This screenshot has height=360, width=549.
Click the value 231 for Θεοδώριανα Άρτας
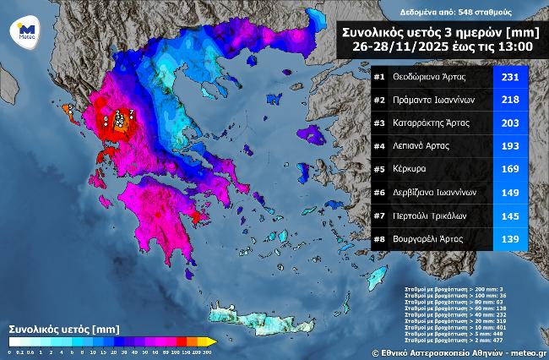click(x=509, y=77)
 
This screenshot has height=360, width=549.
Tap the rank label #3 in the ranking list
click(x=379, y=123)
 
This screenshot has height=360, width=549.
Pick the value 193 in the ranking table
click(x=509, y=146)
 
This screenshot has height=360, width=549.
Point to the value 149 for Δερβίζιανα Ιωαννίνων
click(x=509, y=193)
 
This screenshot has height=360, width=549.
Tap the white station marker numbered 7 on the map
click(x=131, y=112)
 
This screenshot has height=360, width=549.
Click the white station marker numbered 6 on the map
click(x=105, y=120)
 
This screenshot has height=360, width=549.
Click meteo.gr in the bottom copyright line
click(x=528, y=353)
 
